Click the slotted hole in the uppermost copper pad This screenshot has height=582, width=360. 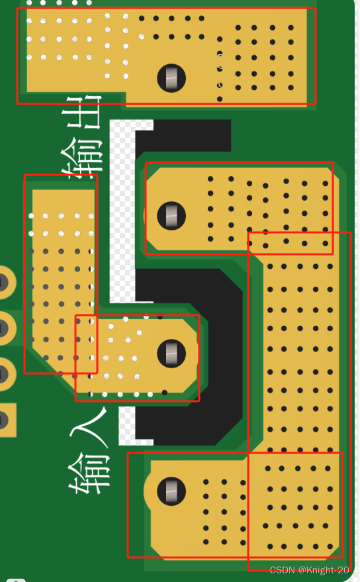click(x=171, y=78)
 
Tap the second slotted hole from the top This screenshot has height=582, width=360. click(x=171, y=216)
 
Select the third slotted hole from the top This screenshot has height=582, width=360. click(x=171, y=354)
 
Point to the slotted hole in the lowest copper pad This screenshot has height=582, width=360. click(x=171, y=491)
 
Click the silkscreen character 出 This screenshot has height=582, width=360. click(x=84, y=112)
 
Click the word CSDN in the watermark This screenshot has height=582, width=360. click(x=282, y=570)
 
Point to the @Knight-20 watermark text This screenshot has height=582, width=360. click(x=324, y=570)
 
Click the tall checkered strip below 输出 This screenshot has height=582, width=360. click(x=122, y=211)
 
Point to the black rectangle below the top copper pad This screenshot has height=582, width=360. click(x=183, y=136)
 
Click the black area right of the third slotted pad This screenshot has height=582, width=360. click(x=222, y=356)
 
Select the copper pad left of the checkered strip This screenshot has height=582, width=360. click(x=60, y=275)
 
